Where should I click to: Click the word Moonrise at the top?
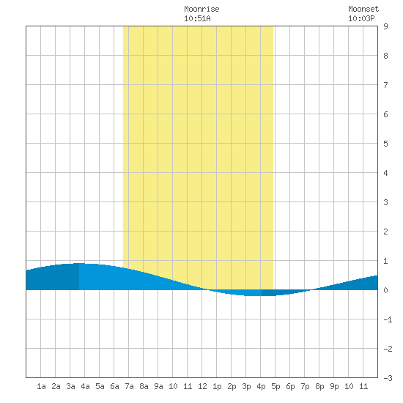click(202, 9)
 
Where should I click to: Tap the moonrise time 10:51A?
click(197, 18)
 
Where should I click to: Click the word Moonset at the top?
click(363, 9)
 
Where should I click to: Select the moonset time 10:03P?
click(361, 18)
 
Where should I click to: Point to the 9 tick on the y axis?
click(385, 26)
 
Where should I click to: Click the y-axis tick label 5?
click(385, 144)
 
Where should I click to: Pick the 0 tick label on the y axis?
click(385, 290)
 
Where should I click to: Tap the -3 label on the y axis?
click(388, 378)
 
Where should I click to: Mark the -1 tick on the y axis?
click(388, 319)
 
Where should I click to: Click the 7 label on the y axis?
click(385, 85)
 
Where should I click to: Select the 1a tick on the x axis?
click(41, 386)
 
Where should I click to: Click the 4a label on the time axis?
click(85, 386)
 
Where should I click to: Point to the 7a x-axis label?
click(129, 386)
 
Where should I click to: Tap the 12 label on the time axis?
click(202, 386)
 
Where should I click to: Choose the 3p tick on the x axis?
click(246, 386)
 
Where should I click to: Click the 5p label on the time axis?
click(276, 386)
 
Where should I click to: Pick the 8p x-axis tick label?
click(319, 386)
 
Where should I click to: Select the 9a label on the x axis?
click(158, 386)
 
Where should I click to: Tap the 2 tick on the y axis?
click(385, 232)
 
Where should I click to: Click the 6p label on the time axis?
click(290, 386)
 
